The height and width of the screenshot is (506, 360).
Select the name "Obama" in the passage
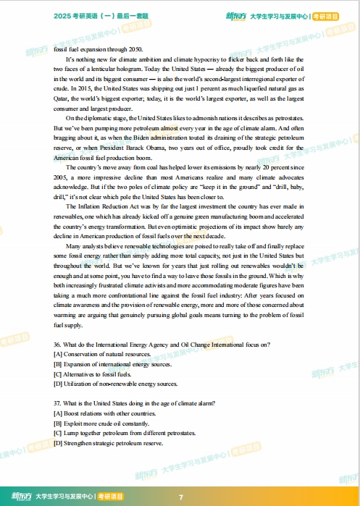pyautogui.click(x=169, y=148)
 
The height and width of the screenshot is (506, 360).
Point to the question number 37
pyautogui.click(x=58, y=402)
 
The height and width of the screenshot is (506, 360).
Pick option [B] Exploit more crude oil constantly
pyautogui.click(x=101, y=422)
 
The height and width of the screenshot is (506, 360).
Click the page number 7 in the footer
pyautogui.click(x=180, y=497)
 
